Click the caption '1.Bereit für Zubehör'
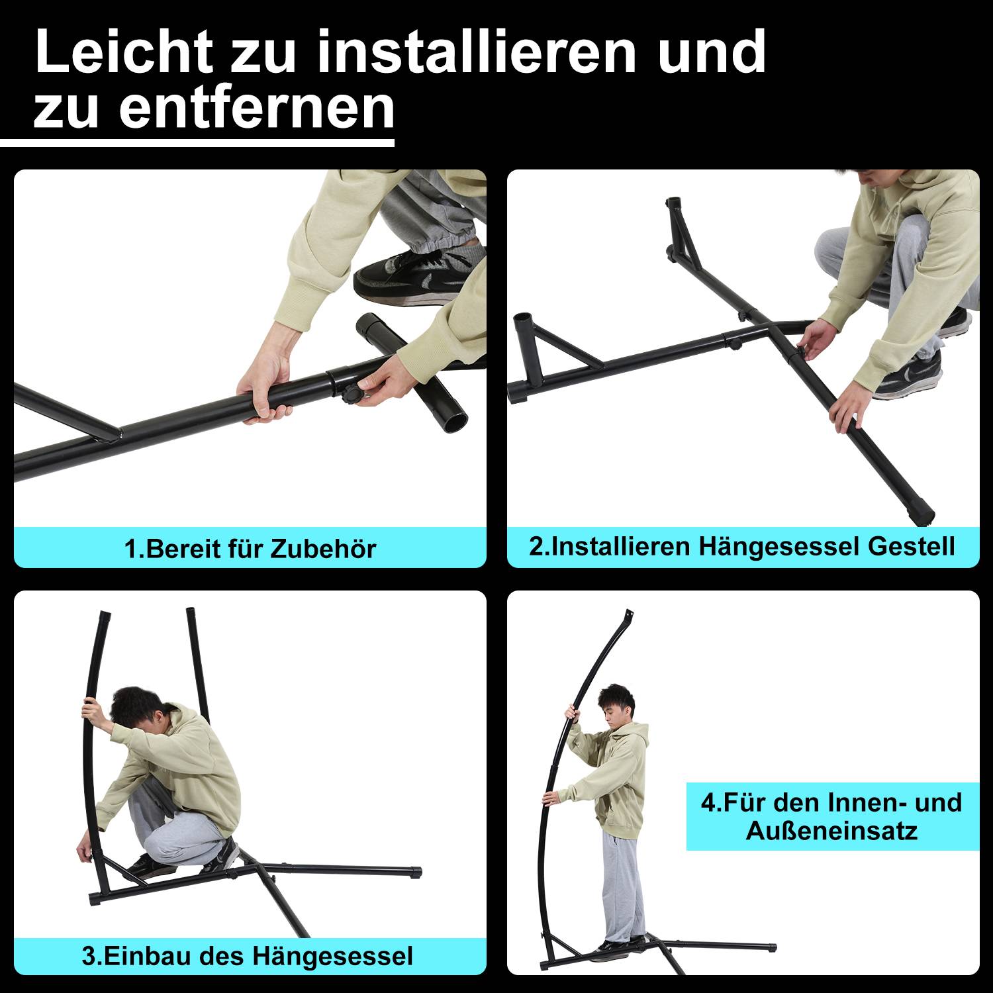(250, 549)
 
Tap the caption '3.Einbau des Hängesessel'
(247, 957)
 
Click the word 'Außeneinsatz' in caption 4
(831, 831)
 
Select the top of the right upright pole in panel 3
(191, 612)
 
